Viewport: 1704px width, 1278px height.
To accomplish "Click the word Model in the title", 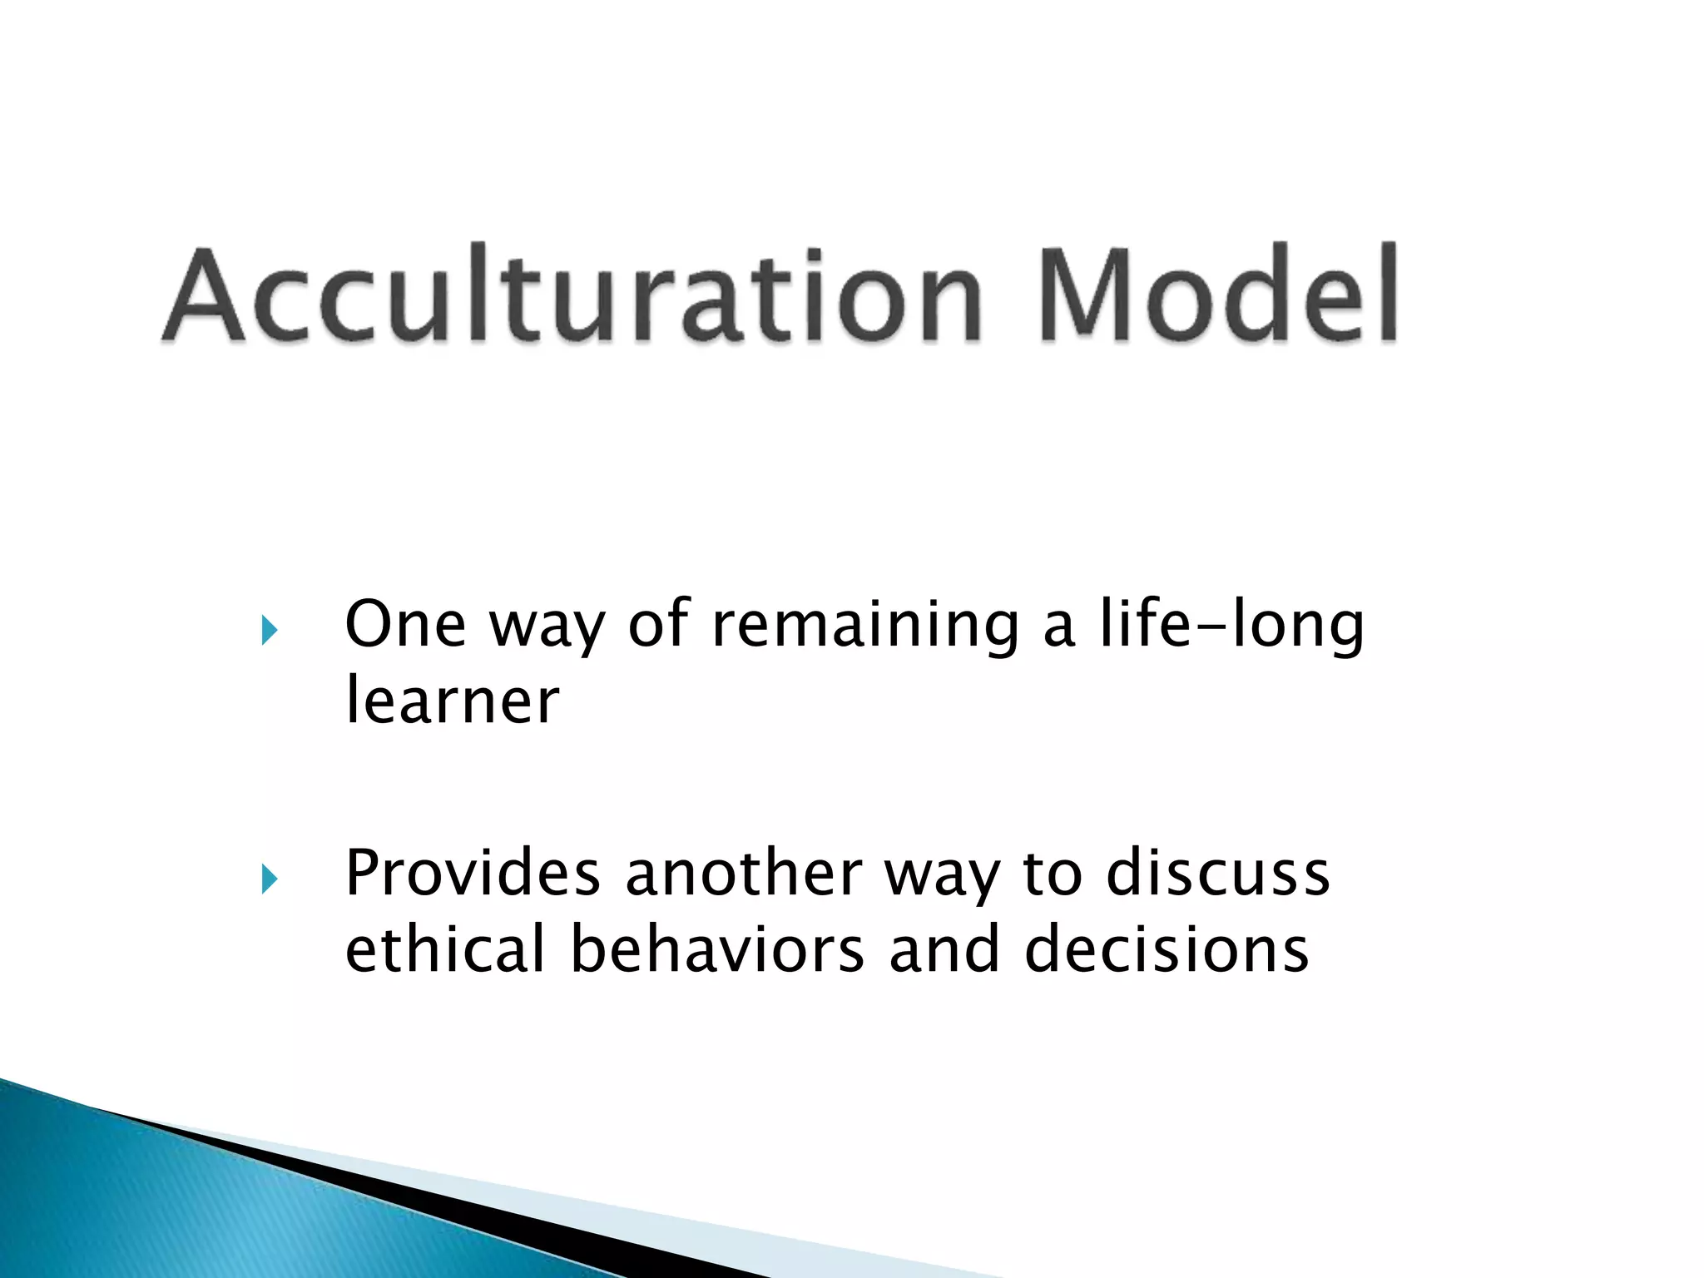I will pos(1219,295).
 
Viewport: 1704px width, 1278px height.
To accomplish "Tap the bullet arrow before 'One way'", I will pos(269,630).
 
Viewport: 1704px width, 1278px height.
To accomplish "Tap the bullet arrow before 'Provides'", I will pos(269,879).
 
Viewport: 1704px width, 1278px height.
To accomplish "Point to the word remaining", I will pos(865,626).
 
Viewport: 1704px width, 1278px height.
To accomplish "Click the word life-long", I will pos(1231,626).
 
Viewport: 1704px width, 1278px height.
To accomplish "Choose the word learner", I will pos(452,701).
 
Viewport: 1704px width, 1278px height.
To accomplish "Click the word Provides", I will pos(473,874).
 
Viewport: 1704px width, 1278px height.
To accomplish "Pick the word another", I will pos(743,874).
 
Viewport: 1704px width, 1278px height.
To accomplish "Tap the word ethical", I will pos(445,949).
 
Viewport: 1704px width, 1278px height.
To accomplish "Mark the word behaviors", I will pos(717,949).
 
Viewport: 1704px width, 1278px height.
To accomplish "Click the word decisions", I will pos(1167,949).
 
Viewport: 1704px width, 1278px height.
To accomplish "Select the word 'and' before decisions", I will pos(944,949).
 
